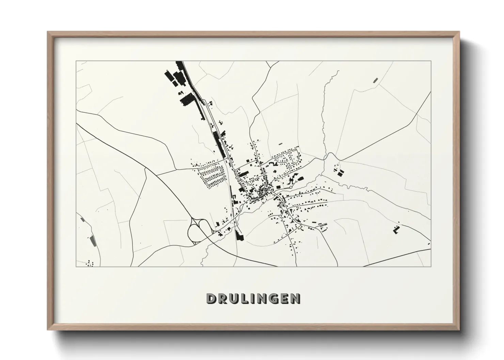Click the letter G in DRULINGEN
pos(273,298)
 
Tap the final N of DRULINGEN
pos(295,298)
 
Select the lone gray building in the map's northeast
pos(376,80)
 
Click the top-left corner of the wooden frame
pos(48,32)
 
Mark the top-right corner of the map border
pos(430,61)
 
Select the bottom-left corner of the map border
pos(76,266)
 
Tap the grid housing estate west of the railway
pos(211,174)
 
